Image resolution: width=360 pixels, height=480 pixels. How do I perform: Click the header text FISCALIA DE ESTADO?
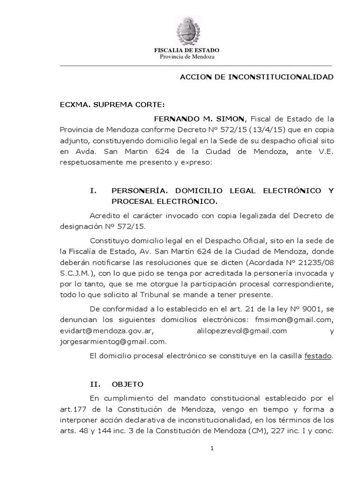pos(187,50)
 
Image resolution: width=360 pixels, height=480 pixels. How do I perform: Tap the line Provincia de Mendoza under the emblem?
pos(187,57)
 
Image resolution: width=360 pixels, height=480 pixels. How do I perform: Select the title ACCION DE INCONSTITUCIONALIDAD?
pos(257,76)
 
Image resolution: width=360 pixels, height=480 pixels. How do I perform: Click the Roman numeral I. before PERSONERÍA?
pos(92,191)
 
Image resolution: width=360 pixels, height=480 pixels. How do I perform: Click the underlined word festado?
pos(318,356)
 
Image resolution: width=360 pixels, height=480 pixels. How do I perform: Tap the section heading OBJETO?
pos(127,384)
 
